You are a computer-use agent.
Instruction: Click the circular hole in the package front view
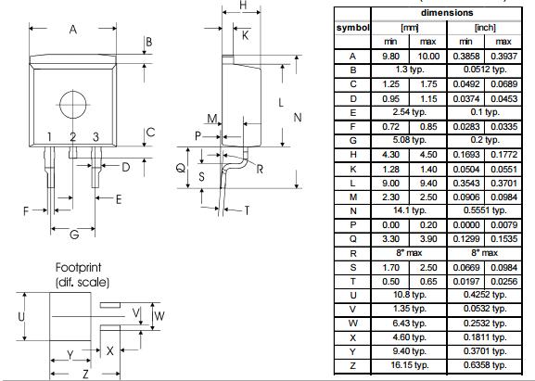coord(73,102)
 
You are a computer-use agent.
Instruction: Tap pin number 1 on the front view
coord(50,137)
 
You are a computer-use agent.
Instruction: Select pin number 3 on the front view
coord(96,137)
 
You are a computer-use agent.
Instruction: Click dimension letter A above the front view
coord(72,30)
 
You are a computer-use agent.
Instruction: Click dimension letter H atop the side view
coord(243,6)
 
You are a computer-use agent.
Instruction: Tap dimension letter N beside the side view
coord(298,118)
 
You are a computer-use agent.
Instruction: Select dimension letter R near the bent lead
coord(261,170)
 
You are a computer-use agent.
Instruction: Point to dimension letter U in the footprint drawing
coord(20,316)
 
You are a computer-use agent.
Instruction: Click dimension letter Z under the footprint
coord(84,374)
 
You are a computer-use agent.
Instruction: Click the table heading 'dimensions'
coord(447,12)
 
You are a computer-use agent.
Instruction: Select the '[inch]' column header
coord(485,27)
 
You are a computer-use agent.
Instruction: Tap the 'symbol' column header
coord(352,27)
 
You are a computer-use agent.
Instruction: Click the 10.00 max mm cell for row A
coord(428,56)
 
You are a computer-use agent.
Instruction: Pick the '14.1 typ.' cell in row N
coord(409,210)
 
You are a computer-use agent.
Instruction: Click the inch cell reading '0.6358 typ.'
coord(485,365)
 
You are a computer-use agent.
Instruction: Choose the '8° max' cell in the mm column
coord(409,252)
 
